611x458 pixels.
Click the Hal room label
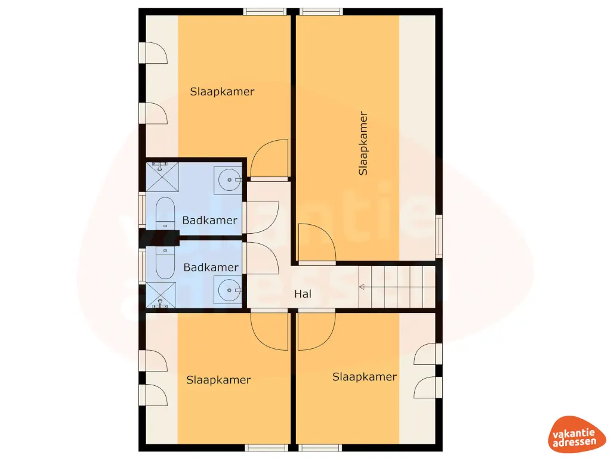click(x=303, y=294)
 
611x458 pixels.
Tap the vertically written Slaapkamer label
click(x=363, y=143)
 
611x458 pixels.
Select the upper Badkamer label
click(x=209, y=220)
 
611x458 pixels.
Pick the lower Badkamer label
click(x=211, y=267)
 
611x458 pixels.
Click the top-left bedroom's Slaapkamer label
click(x=222, y=92)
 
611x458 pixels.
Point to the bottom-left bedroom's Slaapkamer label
click(x=218, y=380)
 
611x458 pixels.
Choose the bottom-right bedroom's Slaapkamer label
click(x=364, y=377)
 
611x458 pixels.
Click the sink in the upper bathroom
click(x=228, y=178)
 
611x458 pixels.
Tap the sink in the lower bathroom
click(x=228, y=291)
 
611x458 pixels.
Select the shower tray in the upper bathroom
click(x=162, y=177)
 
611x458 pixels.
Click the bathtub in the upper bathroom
click(x=165, y=213)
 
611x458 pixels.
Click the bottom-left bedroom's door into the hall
click(x=270, y=331)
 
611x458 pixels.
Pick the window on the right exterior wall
click(x=439, y=236)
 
